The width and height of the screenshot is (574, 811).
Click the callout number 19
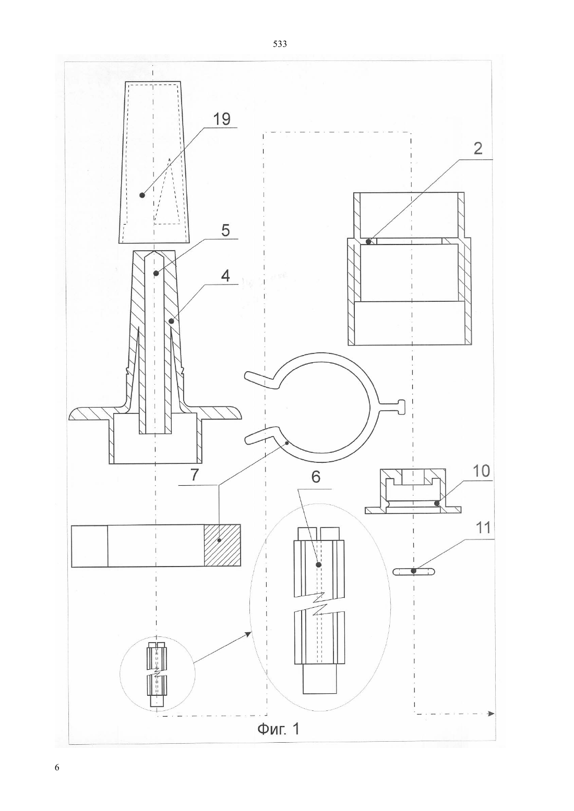pyautogui.click(x=221, y=119)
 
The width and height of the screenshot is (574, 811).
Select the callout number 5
pyautogui.click(x=225, y=231)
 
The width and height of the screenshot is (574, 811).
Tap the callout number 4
pyautogui.click(x=225, y=276)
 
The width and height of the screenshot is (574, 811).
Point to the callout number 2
pyautogui.click(x=478, y=149)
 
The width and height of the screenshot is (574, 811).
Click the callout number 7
pyautogui.click(x=195, y=475)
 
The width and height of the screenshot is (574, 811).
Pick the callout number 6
pyautogui.click(x=316, y=477)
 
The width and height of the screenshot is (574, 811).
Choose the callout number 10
pyautogui.click(x=481, y=471)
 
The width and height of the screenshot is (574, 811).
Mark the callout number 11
pyautogui.click(x=483, y=528)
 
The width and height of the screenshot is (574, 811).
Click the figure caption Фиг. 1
pyautogui.click(x=278, y=729)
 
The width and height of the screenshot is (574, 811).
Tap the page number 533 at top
pyautogui.click(x=280, y=44)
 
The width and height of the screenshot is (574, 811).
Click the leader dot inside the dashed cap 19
pyautogui.click(x=142, y=195)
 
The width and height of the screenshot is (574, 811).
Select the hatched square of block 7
pyautogui.click(x=222, y=545)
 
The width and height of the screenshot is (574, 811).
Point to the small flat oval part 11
pyautogui.click(x=413, y=571)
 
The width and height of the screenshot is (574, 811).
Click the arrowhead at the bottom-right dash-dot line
pyautogui.click(x=491, y=714)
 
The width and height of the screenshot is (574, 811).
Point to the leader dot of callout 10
pyautogui.click(x=437, y=502)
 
